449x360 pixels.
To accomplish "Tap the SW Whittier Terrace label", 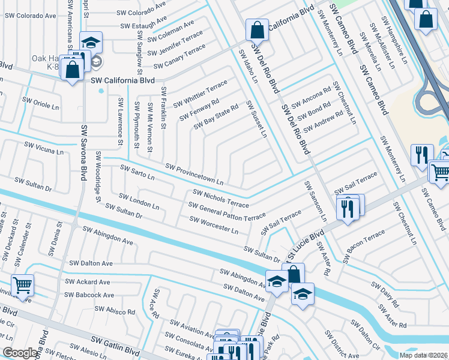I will pos(200,94).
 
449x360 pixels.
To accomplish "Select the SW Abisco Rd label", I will pos(113,311).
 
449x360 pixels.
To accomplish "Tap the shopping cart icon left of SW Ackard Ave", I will pos(22,284).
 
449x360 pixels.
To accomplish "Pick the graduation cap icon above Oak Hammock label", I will pos(91,42).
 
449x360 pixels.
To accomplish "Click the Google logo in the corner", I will pos(20,353).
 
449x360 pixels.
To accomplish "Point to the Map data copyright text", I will pos(424,355).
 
